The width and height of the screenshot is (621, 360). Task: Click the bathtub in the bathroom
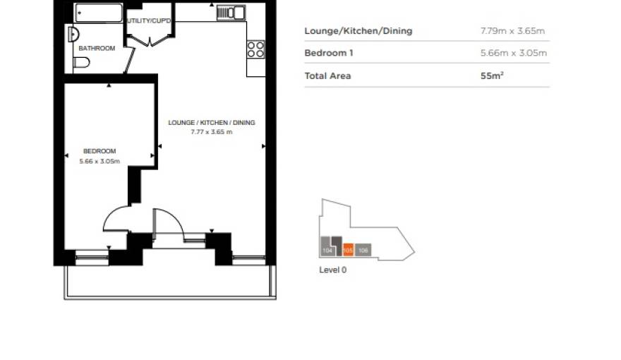pos(99,13)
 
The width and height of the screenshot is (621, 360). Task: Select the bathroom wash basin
pos(71,34)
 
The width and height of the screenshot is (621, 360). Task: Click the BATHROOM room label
pos(97,48)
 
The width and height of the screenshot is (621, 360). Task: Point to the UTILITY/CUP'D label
pos(149,20)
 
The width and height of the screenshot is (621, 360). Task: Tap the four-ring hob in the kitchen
pos(255,49)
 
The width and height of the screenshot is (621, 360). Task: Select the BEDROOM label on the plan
pos(99,151)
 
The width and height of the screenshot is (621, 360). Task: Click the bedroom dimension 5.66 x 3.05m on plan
pos(99,162)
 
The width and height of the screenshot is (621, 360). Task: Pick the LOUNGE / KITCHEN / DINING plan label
pos(211,123)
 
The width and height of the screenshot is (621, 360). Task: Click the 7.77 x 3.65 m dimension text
pos(211,132)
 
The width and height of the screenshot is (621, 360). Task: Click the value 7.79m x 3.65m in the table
pos(512,31)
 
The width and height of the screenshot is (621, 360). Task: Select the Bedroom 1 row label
pos(329,53)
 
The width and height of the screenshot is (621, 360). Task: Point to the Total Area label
pos(327,76)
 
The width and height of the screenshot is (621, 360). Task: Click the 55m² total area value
pos(491,76)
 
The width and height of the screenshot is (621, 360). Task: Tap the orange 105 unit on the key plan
pos(347,250)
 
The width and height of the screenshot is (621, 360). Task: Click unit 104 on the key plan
pos(327,250)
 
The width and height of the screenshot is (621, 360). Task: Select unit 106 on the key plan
pos(363,250)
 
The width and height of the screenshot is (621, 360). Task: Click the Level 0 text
pos(333,270)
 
